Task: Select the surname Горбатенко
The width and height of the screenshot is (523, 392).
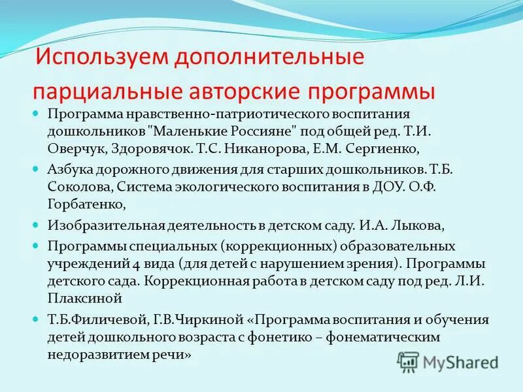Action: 87,204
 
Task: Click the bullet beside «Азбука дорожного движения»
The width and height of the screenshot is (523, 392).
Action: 37,169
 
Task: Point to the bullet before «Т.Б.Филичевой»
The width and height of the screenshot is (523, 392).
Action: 37,321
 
